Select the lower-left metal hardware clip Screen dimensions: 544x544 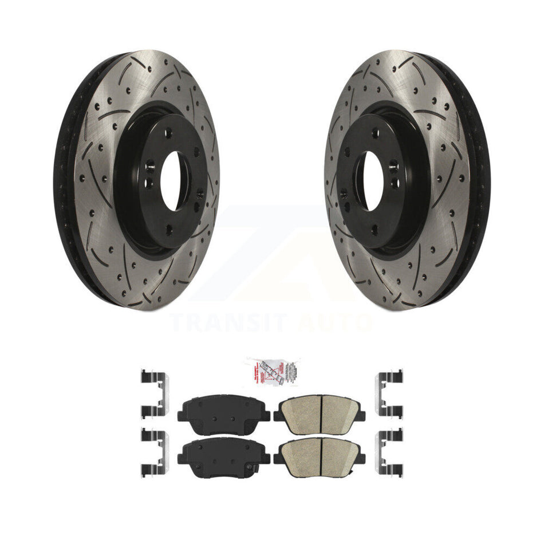click(153, 453)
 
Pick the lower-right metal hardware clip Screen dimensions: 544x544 click(389, 453)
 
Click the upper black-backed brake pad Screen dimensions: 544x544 click(216, 408)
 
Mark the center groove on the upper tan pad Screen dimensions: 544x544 click(322, 408)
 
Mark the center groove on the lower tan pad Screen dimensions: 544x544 click(322, 452)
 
